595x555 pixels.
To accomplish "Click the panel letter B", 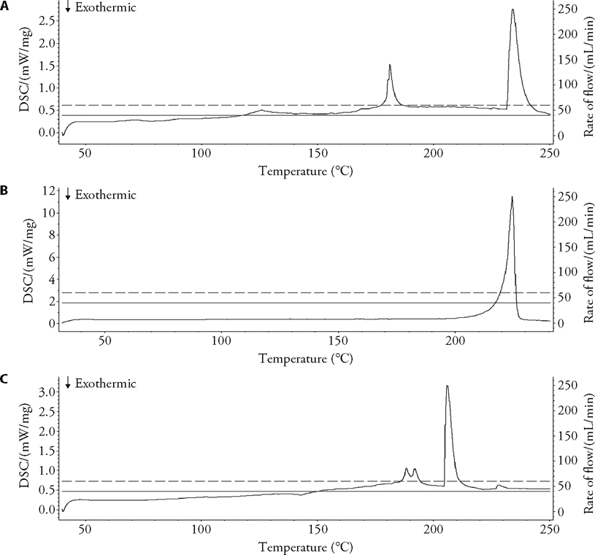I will pos(5,192).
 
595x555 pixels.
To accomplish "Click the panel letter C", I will pos(5,379).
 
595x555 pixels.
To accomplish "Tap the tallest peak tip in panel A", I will pos(513,9).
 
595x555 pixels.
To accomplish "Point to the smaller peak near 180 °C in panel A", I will pos(390,65).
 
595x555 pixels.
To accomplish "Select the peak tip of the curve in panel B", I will pos(512,197).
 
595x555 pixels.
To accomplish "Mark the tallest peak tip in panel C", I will pos(447,386).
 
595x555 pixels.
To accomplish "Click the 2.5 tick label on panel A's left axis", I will pos(45,20).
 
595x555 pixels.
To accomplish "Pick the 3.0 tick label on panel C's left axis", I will pos(45,392).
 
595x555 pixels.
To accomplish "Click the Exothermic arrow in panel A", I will pos(68,8).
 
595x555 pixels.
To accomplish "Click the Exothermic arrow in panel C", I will pos(68,383).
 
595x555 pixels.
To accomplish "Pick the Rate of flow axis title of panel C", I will pos(586,447).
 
